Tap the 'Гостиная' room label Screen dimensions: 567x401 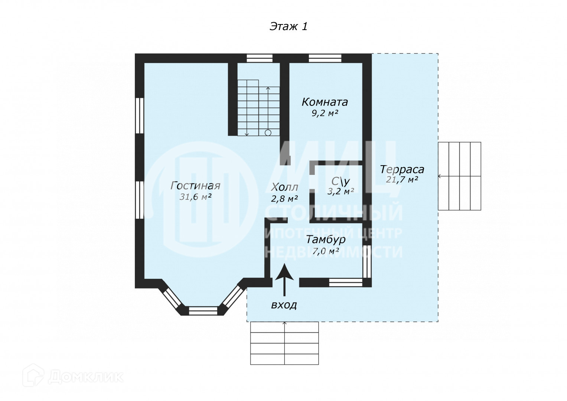(x=195, y=186)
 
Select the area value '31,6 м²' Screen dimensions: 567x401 (x=195, y=197)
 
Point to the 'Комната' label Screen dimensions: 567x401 (x=325, y=102)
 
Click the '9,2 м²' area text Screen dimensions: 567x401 (x=325, y=113)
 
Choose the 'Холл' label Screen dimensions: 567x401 (x=284, y=188)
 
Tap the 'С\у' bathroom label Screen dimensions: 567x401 (x=340, y=181)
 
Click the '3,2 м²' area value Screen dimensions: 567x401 (x=340, y=191)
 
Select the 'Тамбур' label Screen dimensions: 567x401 (x=326, y=239)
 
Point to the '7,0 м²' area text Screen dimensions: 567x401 (x=326, y=251)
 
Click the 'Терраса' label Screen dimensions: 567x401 (x=402, y=169)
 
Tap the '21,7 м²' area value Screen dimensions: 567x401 (x=402, y=179)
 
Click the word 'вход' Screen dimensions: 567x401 (x=284, y=305)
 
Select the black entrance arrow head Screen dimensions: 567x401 (x=284, y=272)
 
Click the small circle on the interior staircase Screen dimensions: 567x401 (x=268, y=133)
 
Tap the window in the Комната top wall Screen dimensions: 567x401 (x=325, y=58)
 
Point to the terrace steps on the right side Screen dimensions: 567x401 (x=459, y=176)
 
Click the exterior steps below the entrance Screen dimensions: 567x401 (x=284, y=343)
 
